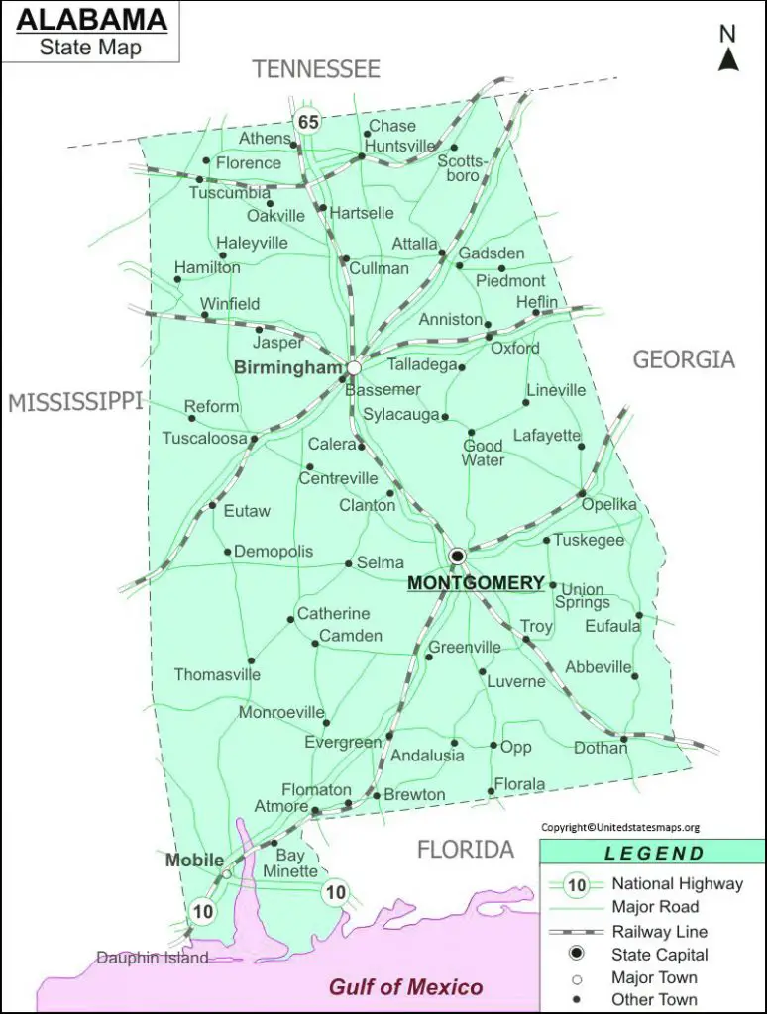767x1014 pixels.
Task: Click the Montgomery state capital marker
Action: [x=457, y=557]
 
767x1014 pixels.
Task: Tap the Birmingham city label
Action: [x=287, y=367]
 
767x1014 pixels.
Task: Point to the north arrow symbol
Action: [x=729, y=59]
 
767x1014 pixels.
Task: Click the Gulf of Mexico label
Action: [x=406, y=986]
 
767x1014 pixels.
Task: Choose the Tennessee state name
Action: [x=316, y=69]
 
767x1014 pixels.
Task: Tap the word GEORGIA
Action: [x=684, y=359]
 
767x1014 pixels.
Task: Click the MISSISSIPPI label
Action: [x=75, y=402]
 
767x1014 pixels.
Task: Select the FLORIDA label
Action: [x=465, y=850]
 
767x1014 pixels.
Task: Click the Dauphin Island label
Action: [x=153, y=958]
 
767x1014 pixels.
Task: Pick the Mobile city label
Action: [x=194, y=861]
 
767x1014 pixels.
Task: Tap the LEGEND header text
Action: [x=655, y=854]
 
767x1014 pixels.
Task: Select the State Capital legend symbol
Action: [x=576, y=955]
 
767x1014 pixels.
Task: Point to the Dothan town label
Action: [x=601, y=748]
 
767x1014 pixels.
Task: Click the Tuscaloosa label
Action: [x=204, y=438]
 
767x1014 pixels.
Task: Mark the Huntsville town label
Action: [x=400, y=145]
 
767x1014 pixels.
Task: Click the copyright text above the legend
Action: [x=620, y=828]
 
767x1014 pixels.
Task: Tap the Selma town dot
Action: [x=348, y=564]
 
